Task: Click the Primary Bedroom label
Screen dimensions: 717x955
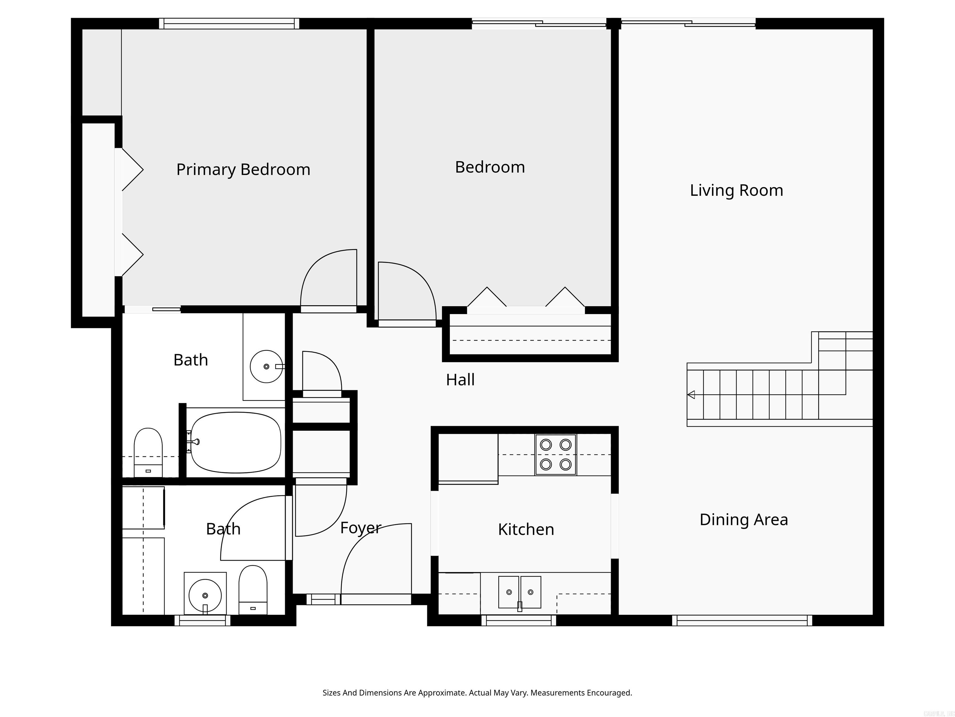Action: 243,169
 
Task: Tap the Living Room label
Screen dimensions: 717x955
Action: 736,190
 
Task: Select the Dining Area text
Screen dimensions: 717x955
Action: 743,519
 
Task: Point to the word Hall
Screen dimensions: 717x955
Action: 460,380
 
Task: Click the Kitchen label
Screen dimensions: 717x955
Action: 526,529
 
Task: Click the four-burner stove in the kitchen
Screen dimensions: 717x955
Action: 556,455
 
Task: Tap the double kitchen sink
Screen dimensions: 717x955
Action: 520,592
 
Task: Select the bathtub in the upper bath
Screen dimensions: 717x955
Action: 236,442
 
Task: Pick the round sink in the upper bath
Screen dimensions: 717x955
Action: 266,367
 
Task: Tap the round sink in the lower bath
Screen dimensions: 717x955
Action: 205,596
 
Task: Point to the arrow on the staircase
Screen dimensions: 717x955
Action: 691,395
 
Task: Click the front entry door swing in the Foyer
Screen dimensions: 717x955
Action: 376,562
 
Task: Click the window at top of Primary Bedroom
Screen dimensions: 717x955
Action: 229,24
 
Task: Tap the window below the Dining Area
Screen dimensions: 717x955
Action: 742,620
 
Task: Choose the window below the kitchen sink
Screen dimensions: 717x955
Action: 519,620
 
